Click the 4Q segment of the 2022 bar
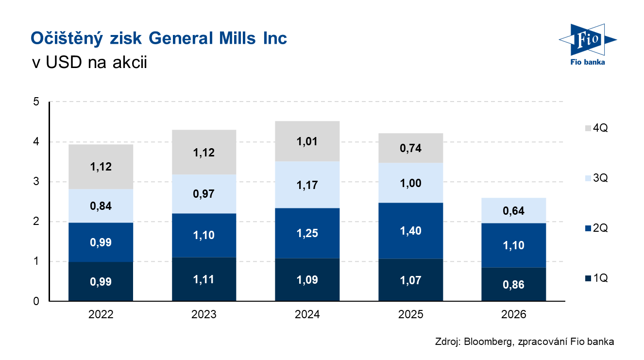point(101,167)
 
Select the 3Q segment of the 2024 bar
point(307,185)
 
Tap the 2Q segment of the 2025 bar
point(410,231)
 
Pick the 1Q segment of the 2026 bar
point(514,285)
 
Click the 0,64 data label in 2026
point(514,211)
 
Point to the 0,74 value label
point(410,148)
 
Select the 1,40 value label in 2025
point(410,231)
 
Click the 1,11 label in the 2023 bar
point(204,280)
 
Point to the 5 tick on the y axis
point(36,102)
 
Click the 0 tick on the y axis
point(36,302)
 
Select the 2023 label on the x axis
point(204,315)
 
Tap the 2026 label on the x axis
point(514,315)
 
